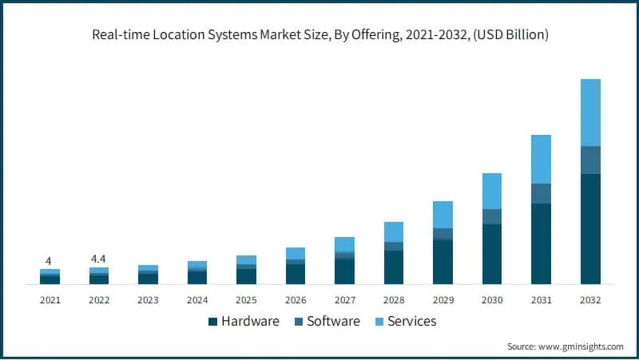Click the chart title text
pos(319,35)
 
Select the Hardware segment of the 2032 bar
pos(590,228)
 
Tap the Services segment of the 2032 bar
pos(590,113)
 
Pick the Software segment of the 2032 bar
pos(590,160)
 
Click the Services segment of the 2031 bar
pos(541,159)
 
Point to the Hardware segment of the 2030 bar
pos(492,254)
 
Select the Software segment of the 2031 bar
pos(541,193)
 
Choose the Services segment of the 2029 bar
pos(443,215)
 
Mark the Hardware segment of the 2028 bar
pos(394,267)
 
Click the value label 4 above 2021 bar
pos(49,261)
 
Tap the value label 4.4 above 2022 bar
pos(98,259)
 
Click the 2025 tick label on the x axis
pos(246,300)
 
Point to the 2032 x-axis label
pos(590,300)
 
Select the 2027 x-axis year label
pos(344,300)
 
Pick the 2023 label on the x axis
pos(148,300)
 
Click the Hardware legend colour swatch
pos(212,322)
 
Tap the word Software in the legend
pos(334,321)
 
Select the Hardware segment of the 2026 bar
pos(295,274)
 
